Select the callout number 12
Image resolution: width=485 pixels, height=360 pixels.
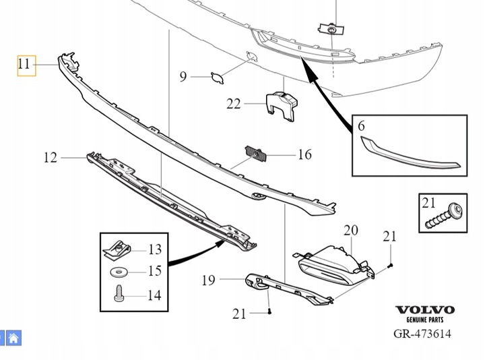(x=51, y=158)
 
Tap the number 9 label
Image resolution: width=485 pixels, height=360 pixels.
(x=183, y=77)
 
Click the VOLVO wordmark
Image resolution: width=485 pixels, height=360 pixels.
(x=424, y=311)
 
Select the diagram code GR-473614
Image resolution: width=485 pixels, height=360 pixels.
(x=422, y=334)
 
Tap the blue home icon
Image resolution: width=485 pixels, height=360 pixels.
(x=13, y=336)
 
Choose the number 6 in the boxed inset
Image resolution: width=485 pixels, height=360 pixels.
(x=362, y=126)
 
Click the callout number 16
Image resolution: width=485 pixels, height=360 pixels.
(x=304, y=155)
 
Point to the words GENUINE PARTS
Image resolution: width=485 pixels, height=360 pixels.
(x=424, y=321)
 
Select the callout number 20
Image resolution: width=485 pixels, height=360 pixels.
(x=350, y=231)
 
